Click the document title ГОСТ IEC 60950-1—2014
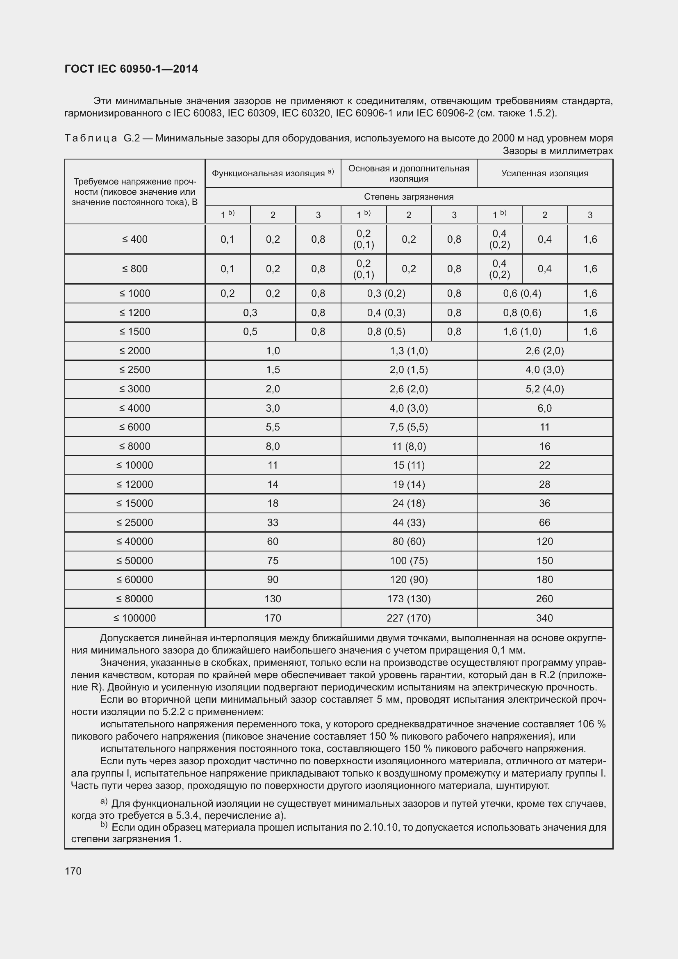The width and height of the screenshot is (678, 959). [x=131, y=69]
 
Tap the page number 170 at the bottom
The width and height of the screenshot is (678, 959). [x=73, y=871]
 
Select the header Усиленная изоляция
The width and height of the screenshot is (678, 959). [x=544, y=173]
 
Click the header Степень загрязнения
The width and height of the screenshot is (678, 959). [x=408, y=197]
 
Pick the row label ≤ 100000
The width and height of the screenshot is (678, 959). [x=134, y=618]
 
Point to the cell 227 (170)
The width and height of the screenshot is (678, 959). [x=408, y=618]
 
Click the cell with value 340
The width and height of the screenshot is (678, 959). [x=544, y=618]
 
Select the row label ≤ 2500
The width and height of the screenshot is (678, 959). [x=134, y=370]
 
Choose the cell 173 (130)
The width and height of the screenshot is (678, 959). [x=408, y=599]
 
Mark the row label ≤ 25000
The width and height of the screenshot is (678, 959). [x=134, y=522]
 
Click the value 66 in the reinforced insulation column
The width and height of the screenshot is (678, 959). [x=544, y=522]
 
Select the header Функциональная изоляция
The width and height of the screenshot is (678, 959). [x=268, y=173]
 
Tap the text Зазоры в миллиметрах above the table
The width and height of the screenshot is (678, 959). [x=557, y=151]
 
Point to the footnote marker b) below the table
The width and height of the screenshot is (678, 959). [x=104, y=825]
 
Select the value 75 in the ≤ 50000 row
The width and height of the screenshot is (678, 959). [x=273, y=560]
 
